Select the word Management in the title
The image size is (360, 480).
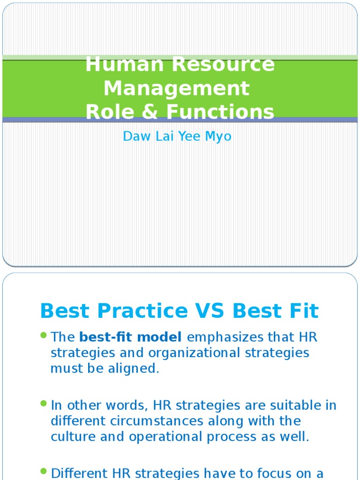[x=177, y=88]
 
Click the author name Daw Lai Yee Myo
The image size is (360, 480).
[x=177, y=136]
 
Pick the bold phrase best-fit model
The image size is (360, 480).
[x=130, y=337]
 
